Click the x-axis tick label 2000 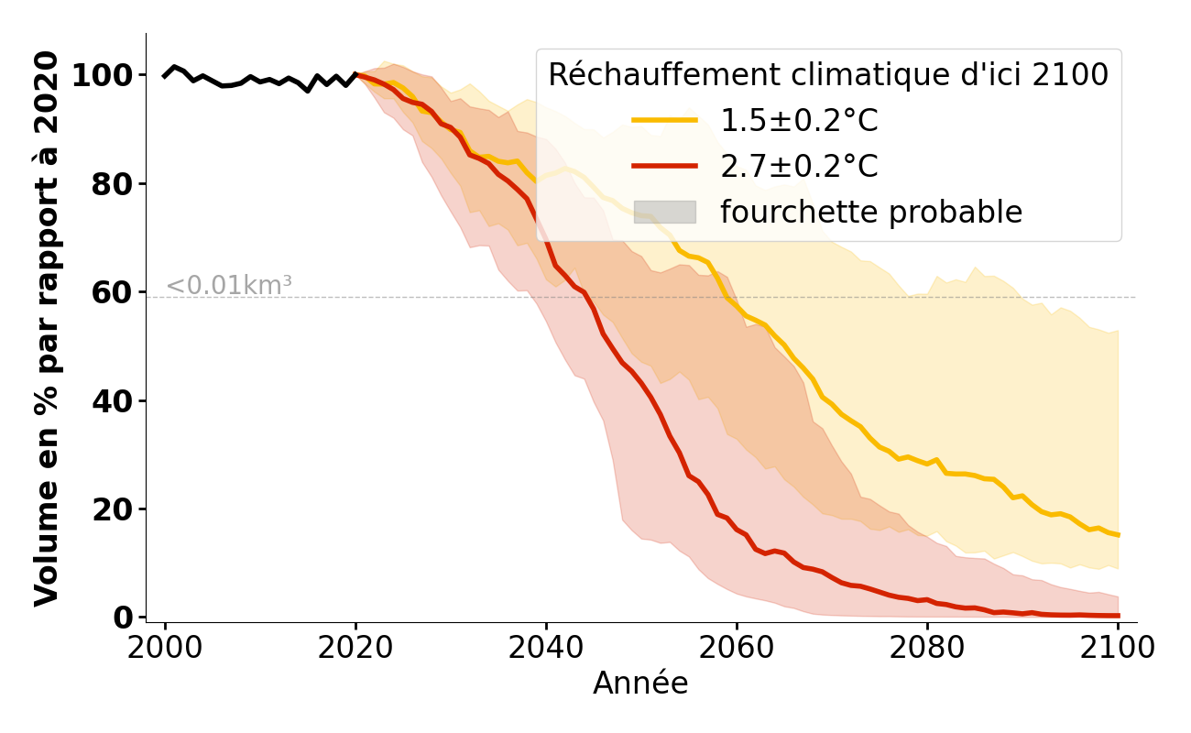(165, 647)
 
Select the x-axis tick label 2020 (355, 647)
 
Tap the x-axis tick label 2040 (546, 647)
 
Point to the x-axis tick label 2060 (737, 647)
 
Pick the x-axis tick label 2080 (927, 647)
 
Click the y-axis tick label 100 (103, 75)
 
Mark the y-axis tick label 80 (113, 184)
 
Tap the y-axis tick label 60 (113, 292)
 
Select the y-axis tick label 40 (113, 401)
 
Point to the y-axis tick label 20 (113, 509)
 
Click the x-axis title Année (640, 684)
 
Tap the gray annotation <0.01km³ (229, 286)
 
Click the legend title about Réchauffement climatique (828, 75)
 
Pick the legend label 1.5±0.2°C (799, 121)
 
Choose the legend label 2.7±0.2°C (799, 167)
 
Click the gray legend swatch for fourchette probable (664, 213)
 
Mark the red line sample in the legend (664, 167)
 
